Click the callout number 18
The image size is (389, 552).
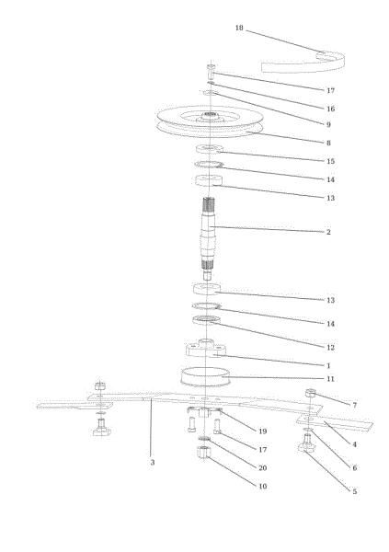[239, 28]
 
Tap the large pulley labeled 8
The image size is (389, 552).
[210, 121]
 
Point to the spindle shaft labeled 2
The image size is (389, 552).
[209, 238]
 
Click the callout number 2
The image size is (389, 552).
[328, 232]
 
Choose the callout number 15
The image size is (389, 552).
[330, 161]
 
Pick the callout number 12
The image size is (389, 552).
[330, 348]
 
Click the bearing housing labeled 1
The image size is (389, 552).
[206, 348]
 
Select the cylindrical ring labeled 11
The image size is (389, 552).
[205, 377]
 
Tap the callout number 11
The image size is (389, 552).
[330, 379]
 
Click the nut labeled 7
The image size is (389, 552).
[310, 393]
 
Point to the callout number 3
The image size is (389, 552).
[152, 462]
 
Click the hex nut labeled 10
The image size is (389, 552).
[203, 452]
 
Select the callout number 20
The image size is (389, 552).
[263, 468]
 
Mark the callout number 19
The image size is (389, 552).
[263, 431]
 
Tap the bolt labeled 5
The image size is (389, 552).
[306, 443]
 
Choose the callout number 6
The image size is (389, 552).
[354, 468]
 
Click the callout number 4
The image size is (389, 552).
[354, 444]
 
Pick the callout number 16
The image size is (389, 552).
[330, 109]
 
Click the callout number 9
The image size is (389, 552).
[328, 124]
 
